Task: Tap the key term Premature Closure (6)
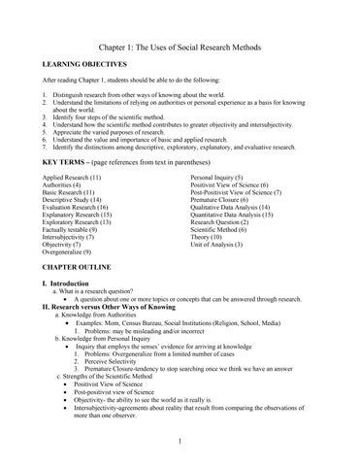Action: [224, 198]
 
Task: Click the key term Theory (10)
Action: [209, 233]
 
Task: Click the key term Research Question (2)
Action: [226, 216]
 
